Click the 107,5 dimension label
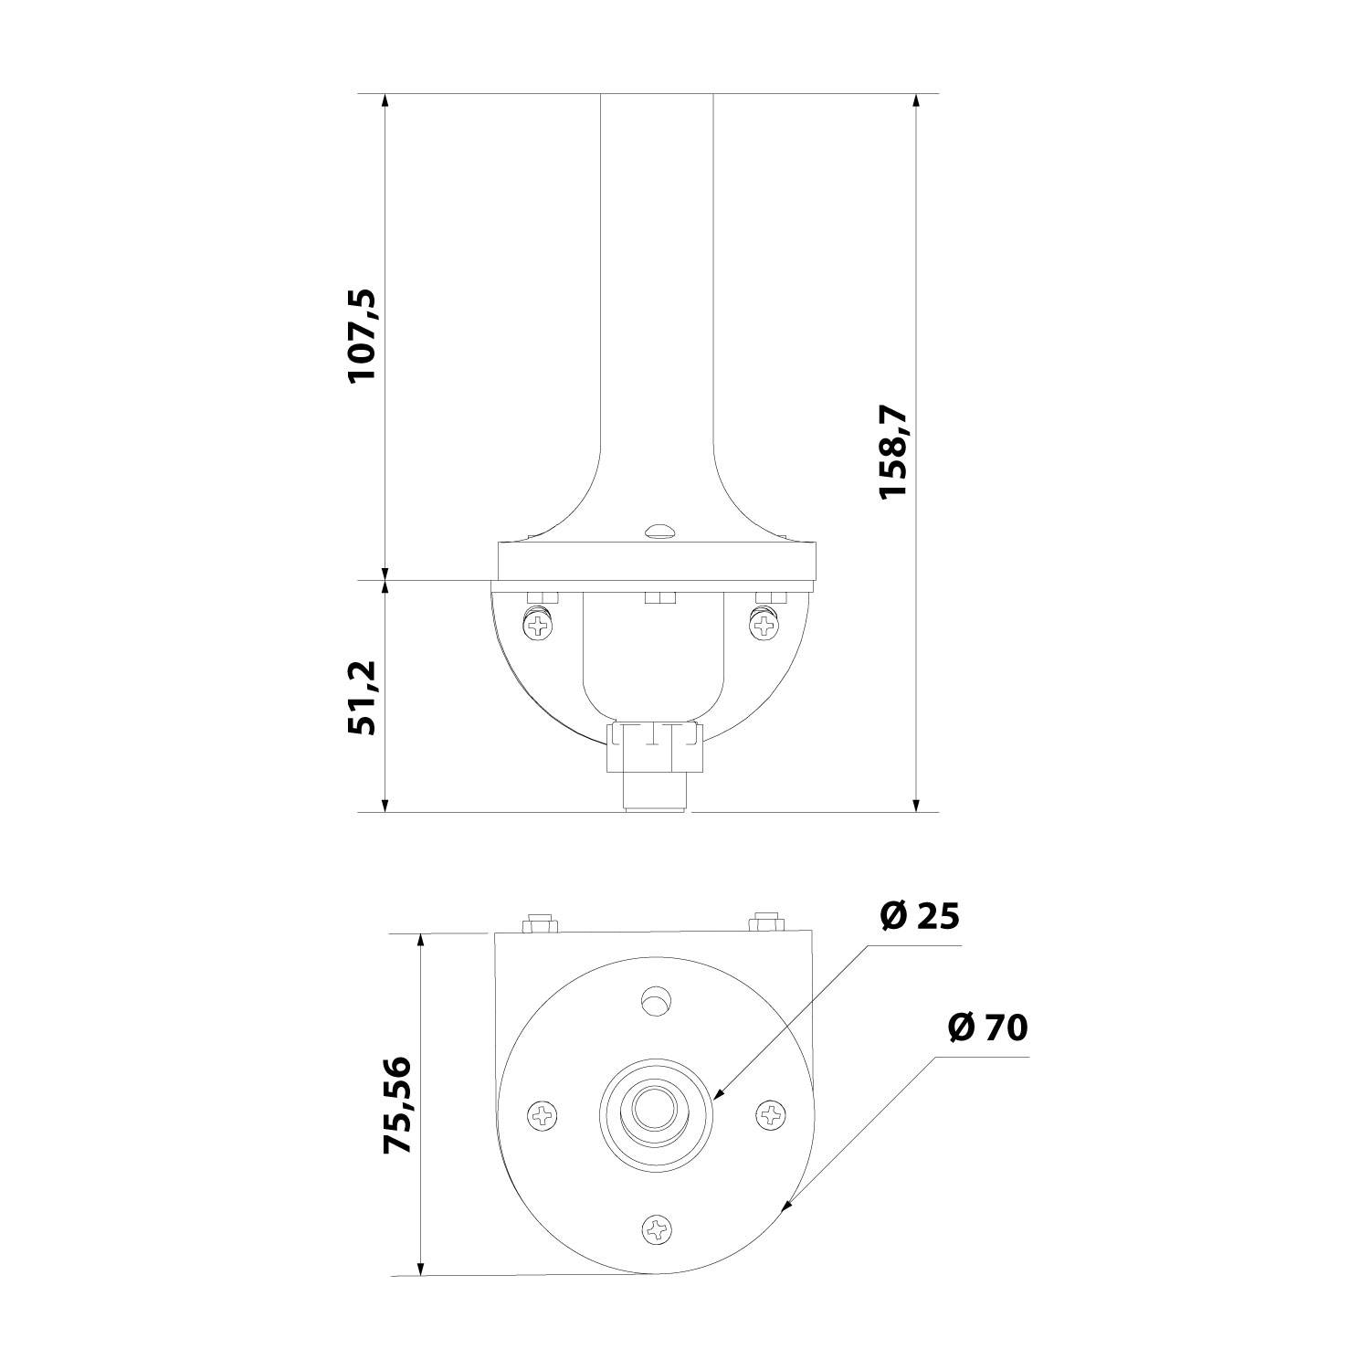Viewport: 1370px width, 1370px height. [363, 336]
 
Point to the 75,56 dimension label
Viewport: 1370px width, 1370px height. [397, 1105]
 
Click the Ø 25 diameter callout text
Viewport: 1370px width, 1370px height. [920, 915]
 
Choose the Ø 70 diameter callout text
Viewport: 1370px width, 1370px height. [987, 1027]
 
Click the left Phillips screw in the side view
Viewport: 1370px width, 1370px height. [539, 625]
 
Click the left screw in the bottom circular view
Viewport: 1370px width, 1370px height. [543, 1115]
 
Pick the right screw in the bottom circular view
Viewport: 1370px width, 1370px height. [772, 1115]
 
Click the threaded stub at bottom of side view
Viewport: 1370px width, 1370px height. [654, 791]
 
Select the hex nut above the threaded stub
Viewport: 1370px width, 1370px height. [654, 747]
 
